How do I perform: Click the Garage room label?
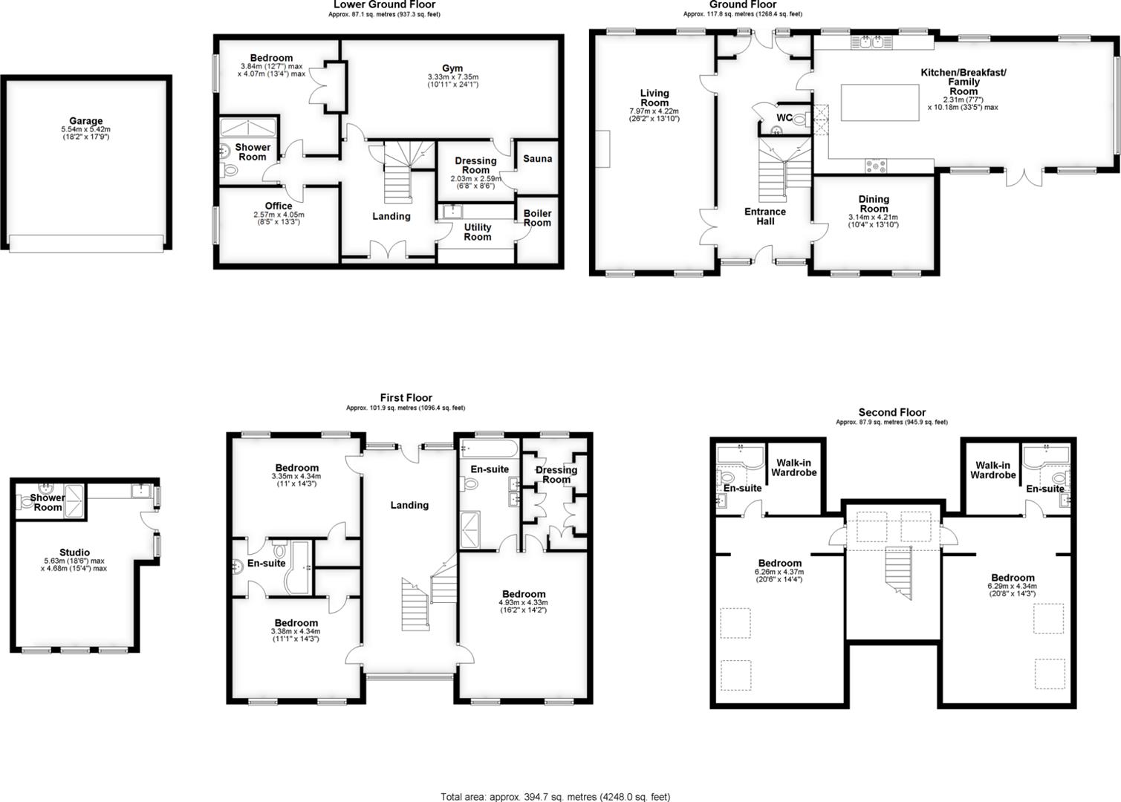tap(86, 121)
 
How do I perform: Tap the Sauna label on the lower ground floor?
tap(537, 159)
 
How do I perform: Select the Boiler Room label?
tap(537, 218)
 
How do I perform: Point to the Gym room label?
tap(452, 68)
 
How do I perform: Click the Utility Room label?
tap(478, 232)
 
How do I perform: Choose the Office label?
tap(279, 206)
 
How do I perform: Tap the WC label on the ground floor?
tap(784, 118)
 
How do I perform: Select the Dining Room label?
tap(874, 203)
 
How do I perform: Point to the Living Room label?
tap(654, 98)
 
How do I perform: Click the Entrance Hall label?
tap(765, 216)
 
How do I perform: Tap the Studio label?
tap(75, 552)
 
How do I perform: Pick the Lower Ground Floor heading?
tap(384, 4)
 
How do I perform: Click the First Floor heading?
tap(406, 398)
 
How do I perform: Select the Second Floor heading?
tap(891, 413)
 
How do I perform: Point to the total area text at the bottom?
tap(555, 797)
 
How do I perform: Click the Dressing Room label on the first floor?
tap(556, 475)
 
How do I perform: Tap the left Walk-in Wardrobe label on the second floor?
tap(793, 469)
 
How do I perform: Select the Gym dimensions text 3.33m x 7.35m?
tap(452, 77)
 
